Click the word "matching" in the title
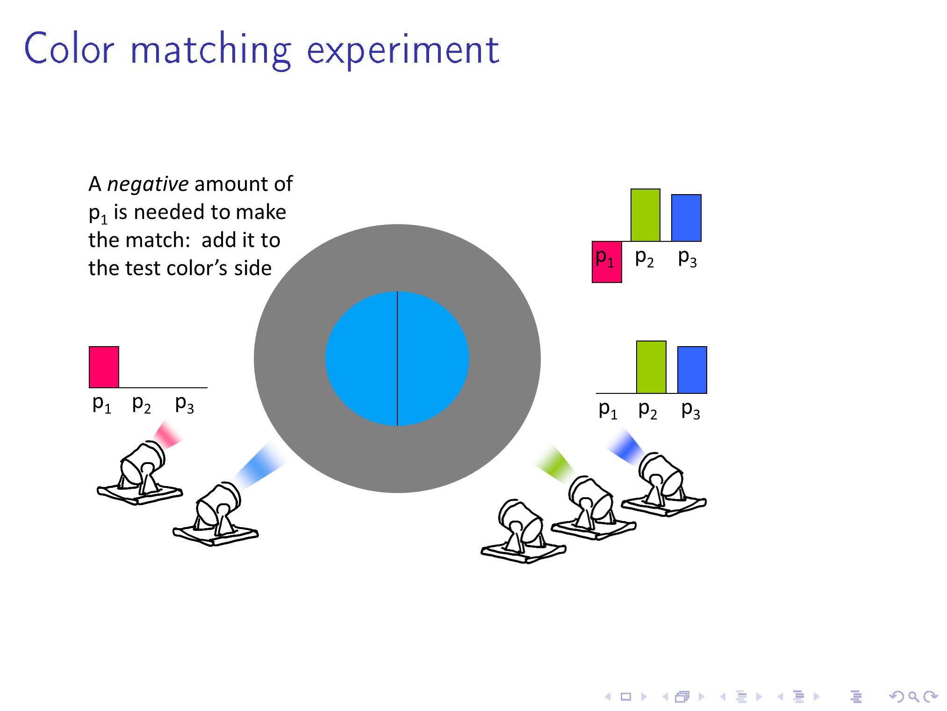(x=211, y=51)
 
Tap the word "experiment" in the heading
(x=403, y=51)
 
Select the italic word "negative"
(x=148, y=184)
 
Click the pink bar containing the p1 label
(x=607, y=262)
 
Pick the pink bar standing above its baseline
(x=104, y=367)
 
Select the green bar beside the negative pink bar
(x=646, y=215)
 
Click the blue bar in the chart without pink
(x=692, y=370)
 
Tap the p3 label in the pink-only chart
(x=184, y=404)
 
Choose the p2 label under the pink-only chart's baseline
(x=141, y=404)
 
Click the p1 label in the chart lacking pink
(x=608, y=410)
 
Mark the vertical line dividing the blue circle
(x=397, y=359)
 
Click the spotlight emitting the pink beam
(x=140, y=474)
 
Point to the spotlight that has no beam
(x=524, y=531)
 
